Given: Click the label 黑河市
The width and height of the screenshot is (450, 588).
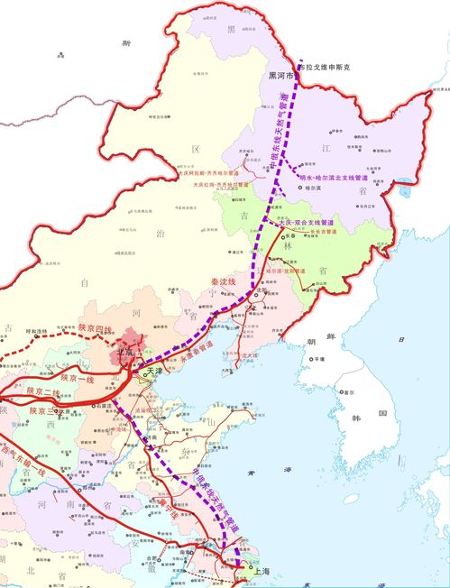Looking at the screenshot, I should (x=276, y=78).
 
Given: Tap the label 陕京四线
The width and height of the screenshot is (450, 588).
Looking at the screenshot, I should (x=95, y=328).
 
